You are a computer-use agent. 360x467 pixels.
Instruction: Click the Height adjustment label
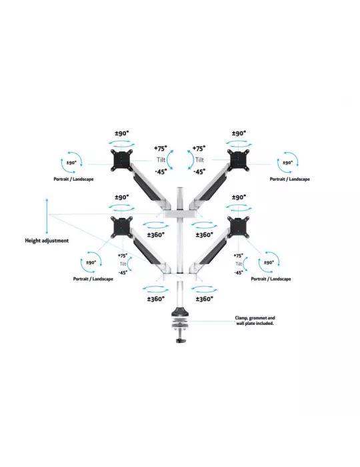point(47,241)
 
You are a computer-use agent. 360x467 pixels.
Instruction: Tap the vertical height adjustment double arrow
point(47,216)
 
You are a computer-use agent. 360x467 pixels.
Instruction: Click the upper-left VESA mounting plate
point(122,161)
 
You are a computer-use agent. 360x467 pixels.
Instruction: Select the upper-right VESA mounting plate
point(238,161)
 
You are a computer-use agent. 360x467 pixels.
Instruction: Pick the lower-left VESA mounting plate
point(122,227)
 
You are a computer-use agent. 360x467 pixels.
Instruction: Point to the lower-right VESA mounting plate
point(238,227)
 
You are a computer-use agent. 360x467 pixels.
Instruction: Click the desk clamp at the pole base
point(180,326)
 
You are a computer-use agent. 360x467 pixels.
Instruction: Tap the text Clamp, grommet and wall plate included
point(255,320)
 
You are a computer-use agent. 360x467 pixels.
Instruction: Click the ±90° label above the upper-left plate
point(122,133)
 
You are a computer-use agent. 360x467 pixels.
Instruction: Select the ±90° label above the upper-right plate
point(239,133)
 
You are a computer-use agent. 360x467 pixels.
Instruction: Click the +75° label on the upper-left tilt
point(161,148)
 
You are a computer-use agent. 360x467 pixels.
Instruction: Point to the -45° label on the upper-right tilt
point(199,171)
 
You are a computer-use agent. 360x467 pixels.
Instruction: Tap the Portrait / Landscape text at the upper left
point(73,179)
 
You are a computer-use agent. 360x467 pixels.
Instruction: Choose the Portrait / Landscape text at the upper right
point(290,179)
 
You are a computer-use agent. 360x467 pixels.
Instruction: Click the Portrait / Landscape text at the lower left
point(93,279)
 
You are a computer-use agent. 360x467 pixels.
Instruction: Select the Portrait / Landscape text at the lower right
point(271,279)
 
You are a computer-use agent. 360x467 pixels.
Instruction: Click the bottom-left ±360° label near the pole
point(155,299)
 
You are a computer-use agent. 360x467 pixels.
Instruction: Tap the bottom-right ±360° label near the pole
point(205,299)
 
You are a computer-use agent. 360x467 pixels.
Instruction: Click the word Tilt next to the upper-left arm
point(161,160)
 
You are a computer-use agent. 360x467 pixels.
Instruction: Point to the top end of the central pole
point(180,188)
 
